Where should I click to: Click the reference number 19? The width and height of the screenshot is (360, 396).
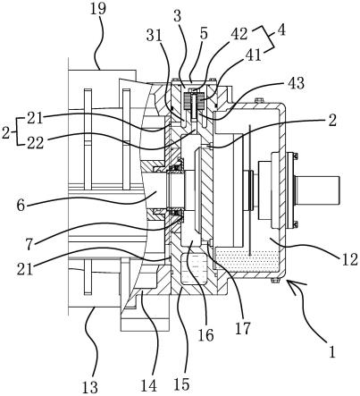click(x=97, y=8)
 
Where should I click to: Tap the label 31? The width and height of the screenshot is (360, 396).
click(x=154, y=36)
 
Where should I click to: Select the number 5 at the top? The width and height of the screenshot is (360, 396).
click(x=204, y=34)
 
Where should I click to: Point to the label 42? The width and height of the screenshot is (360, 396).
click(x=239, y=34)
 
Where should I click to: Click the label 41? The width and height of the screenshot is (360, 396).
click(x=253, y=55)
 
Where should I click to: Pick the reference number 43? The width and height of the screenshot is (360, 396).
click(x=296, y=83)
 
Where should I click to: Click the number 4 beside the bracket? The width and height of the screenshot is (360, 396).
click(x=280, y=30)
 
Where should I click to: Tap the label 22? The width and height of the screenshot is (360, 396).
click(x=36, y=143)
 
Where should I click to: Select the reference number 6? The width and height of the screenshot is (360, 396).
click(x=21, y=206)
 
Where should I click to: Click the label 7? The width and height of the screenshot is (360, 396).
click(x=29, y=244)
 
